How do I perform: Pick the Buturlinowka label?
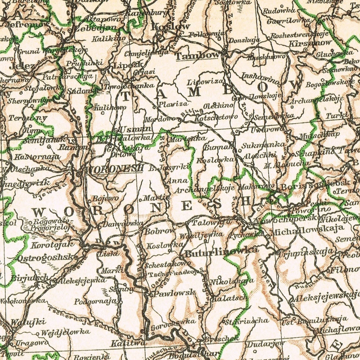point(221,250)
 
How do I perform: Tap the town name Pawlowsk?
point(175,293)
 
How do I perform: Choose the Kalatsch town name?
point(229,298)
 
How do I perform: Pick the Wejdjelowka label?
point(65,332)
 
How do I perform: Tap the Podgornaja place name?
point(96,301)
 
